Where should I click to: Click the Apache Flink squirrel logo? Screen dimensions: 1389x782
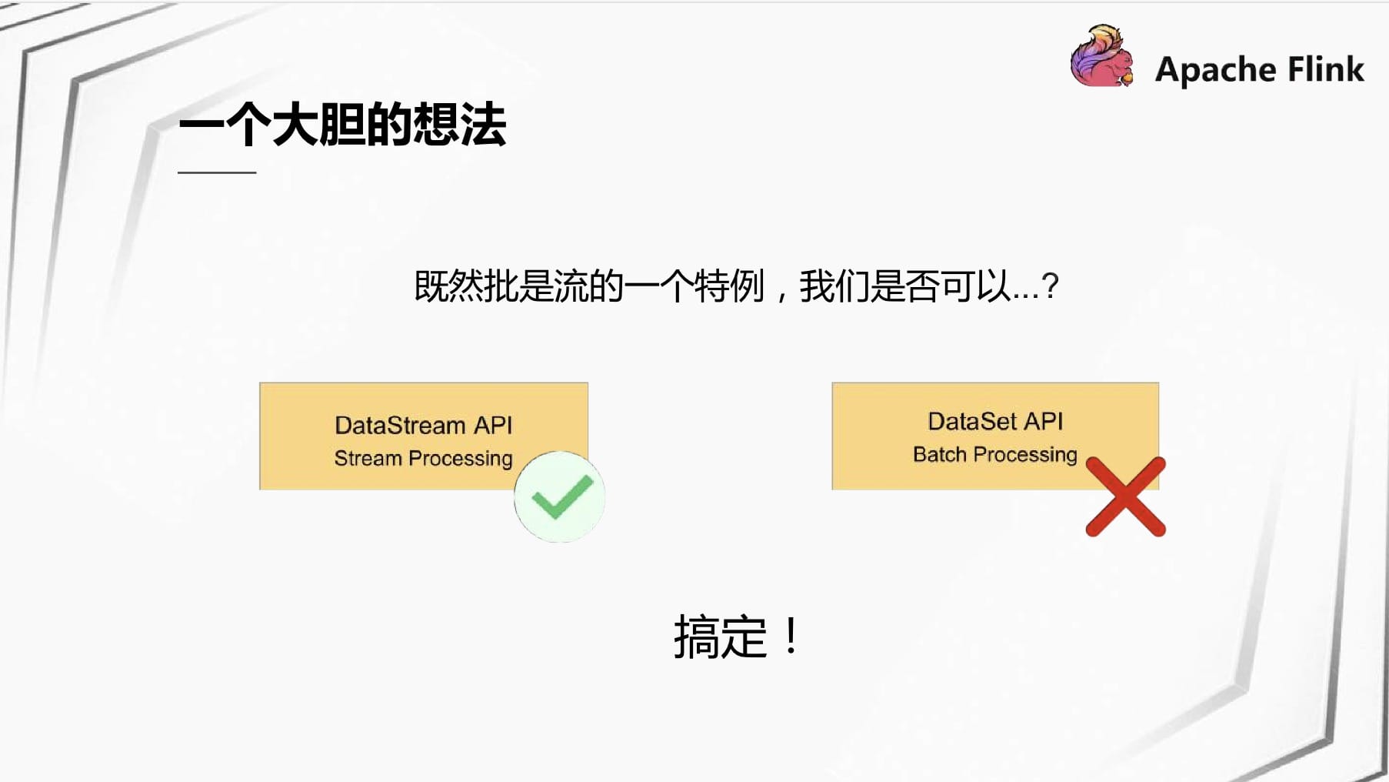coord(1102,55)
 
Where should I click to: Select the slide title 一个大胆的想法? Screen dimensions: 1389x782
coord(342,124)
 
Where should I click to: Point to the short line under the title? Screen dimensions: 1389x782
coord(217,172)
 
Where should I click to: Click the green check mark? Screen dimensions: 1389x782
coord(562,496)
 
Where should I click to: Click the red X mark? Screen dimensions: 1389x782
coord(1125,496)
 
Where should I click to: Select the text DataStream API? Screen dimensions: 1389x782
coord(424,425)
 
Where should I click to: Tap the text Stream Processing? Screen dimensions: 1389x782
coord(423,459)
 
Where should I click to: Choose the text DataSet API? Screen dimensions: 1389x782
coord(995,421)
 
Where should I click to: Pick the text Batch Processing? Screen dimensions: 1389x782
coord(995,455)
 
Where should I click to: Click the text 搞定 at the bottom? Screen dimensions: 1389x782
coord(721,637)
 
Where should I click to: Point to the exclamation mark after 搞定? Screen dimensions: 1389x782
coord(791,636)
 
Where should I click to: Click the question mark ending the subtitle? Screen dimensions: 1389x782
coord(1051,286)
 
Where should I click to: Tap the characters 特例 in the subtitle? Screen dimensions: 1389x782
coord(729,286)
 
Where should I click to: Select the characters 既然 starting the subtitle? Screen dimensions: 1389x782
coord(449,286)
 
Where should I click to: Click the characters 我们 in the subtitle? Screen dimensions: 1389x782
coord(834,286)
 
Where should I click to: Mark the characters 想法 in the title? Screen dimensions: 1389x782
coord(460,124)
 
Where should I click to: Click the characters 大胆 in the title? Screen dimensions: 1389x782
coord(318,124)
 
